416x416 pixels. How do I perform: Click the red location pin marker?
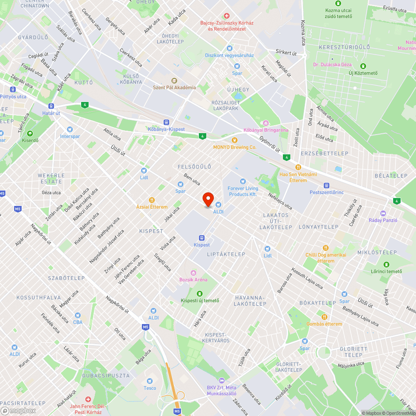(208, 200)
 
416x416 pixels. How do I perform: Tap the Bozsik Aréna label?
(193, 279)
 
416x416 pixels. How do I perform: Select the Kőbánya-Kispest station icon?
(166, 122)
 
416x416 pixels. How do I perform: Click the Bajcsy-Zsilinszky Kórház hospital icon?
(226, 15)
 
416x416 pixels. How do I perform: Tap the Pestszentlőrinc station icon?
(327, 185)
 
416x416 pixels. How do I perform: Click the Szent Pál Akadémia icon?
(174, 81)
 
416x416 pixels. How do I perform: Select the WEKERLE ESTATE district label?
(52, 178)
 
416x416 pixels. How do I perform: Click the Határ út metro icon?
(51, 106)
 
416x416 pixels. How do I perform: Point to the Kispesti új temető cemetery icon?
(200, 294)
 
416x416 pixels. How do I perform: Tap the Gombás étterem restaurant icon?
(324, 317)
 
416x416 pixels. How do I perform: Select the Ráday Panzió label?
(383, 220)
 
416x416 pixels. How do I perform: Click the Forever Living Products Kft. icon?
(243, 181)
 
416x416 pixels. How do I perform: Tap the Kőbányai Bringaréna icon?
(265, 123)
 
